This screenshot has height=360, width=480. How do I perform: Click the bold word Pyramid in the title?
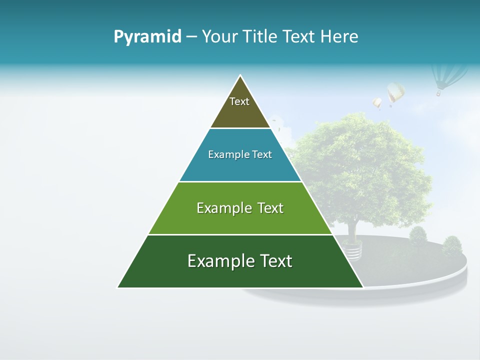[147, 37]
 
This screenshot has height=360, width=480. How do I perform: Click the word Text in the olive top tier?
[239, 101]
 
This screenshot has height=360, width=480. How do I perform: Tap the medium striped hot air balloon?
[395, 93]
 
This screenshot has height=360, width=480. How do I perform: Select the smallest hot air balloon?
[377, 103]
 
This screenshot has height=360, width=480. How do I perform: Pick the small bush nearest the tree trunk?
[418, 235]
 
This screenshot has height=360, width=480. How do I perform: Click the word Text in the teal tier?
[262, 155]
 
